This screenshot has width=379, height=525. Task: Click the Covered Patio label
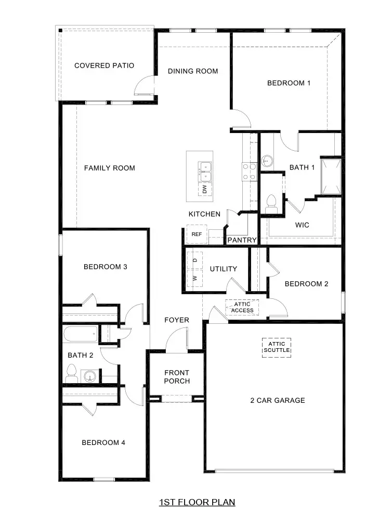104,65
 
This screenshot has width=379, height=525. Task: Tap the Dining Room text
193,71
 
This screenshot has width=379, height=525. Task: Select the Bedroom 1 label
289,83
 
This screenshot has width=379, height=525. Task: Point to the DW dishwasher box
204,189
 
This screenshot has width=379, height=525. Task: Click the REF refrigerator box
197,234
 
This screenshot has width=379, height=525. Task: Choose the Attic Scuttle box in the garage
277,347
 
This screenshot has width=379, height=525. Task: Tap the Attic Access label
243,307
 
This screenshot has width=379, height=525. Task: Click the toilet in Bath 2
72,373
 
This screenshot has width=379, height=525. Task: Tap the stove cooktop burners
249,172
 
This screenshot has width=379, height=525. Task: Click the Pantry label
242,240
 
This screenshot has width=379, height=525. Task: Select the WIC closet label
302,226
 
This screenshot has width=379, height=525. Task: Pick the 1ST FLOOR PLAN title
197,502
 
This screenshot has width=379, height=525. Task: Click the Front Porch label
177,377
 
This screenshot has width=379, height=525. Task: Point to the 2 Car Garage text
278,400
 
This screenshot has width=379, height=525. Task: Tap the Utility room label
224,269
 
